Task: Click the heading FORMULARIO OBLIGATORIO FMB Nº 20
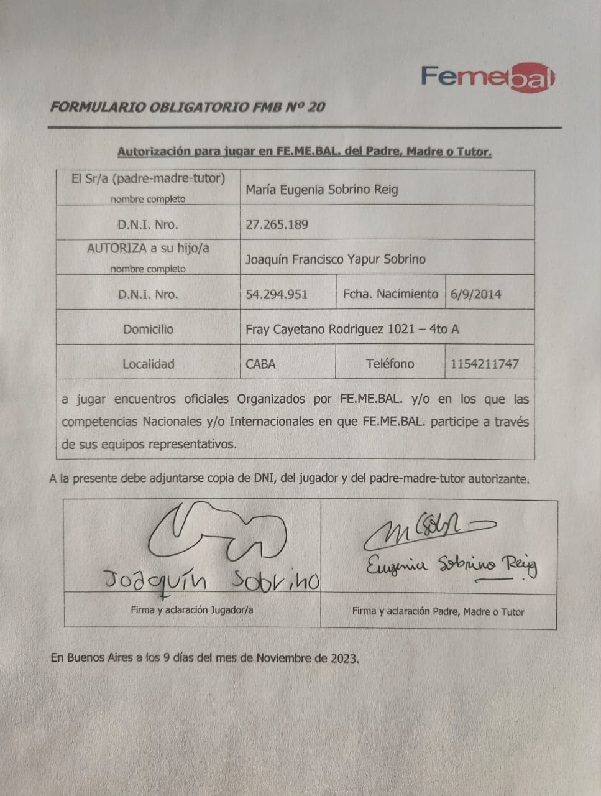coord(187,107)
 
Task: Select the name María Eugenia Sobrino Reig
coord(321,190)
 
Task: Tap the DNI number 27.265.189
coord(277,224)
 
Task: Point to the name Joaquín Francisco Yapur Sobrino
coord(335,259)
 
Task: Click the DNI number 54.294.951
coord(277,294)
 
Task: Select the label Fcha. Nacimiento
coord(390,294)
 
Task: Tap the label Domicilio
coord(148,329)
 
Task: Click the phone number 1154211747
coord(484,364)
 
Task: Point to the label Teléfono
coord(390,364)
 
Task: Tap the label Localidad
coord(148,364)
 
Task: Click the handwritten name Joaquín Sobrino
coord(211,580)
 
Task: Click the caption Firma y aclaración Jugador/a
coord(192,610)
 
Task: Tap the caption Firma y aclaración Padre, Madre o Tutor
coord(438,611)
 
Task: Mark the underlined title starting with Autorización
coord(305,152)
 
